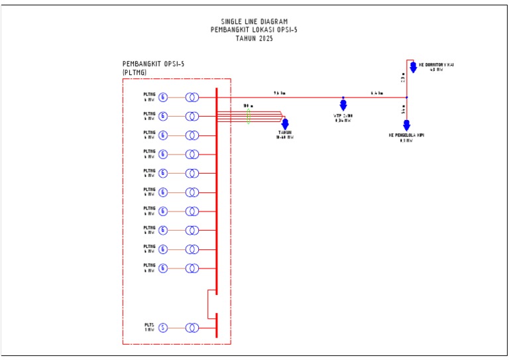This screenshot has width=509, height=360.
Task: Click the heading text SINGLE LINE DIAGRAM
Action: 254,21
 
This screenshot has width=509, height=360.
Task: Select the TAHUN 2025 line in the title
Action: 254,38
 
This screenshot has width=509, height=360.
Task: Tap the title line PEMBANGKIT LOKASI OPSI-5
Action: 254,30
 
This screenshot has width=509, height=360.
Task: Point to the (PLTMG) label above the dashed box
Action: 135,72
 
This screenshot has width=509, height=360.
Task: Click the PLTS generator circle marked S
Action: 163,328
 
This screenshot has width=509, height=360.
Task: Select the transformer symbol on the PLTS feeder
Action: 192,328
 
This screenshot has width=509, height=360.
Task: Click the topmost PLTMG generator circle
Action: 163,97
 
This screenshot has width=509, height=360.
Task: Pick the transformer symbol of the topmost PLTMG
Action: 192,97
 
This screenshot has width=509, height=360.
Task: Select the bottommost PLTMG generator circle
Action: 163,268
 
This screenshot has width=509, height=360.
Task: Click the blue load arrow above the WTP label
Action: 343,104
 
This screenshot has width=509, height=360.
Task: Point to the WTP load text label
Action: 343,118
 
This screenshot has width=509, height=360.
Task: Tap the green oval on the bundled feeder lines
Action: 248,117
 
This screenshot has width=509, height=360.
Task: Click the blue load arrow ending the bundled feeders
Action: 285,124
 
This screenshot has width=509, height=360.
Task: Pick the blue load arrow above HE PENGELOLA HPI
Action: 407,125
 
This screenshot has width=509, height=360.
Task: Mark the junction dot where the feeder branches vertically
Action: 407,97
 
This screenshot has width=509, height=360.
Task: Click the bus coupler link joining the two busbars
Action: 208,304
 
